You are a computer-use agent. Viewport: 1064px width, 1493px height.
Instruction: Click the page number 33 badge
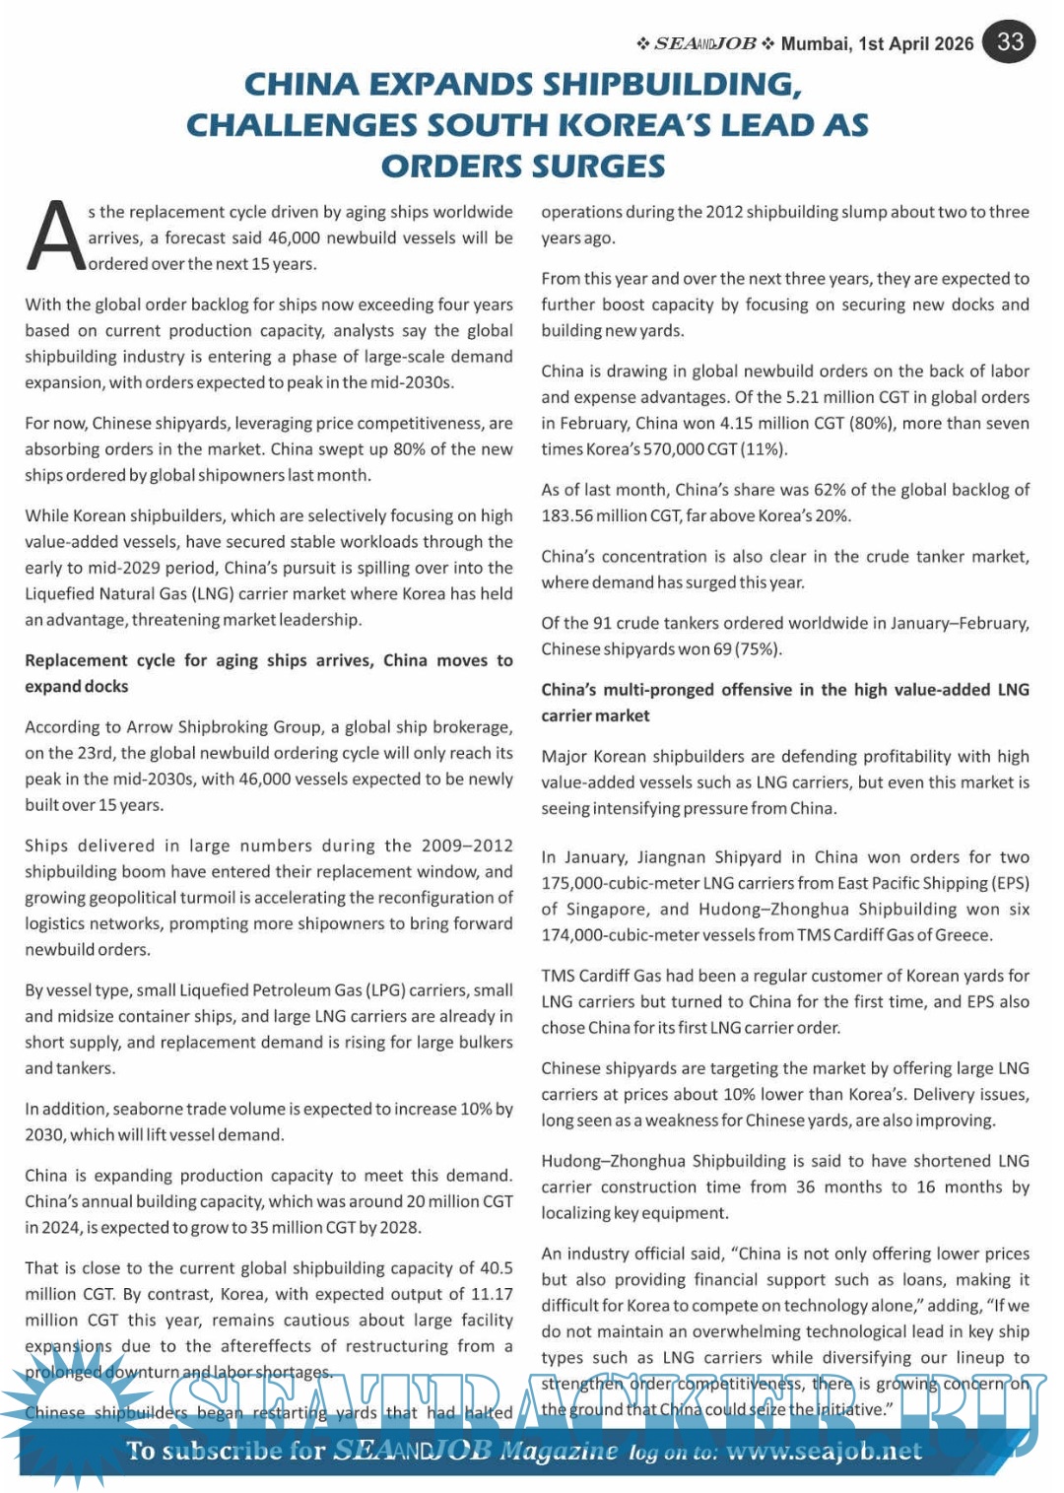pos(1010,41)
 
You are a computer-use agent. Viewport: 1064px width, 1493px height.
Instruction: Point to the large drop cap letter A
pos(54,238)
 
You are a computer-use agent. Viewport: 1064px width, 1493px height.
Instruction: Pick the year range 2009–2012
pos(467,846)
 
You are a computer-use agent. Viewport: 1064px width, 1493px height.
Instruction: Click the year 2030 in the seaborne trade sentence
pos(44,1135)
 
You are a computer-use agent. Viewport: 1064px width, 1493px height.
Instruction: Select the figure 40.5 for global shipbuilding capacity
pos(496,1268)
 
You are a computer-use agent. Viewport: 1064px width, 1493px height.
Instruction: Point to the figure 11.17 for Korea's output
pos(492,1294)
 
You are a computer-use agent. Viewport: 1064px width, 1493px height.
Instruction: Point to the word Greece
pos(963,935)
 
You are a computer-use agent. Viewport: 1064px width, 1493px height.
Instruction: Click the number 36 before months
pos(805,1188)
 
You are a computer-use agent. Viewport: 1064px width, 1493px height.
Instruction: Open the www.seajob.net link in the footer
pos(824,1452)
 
